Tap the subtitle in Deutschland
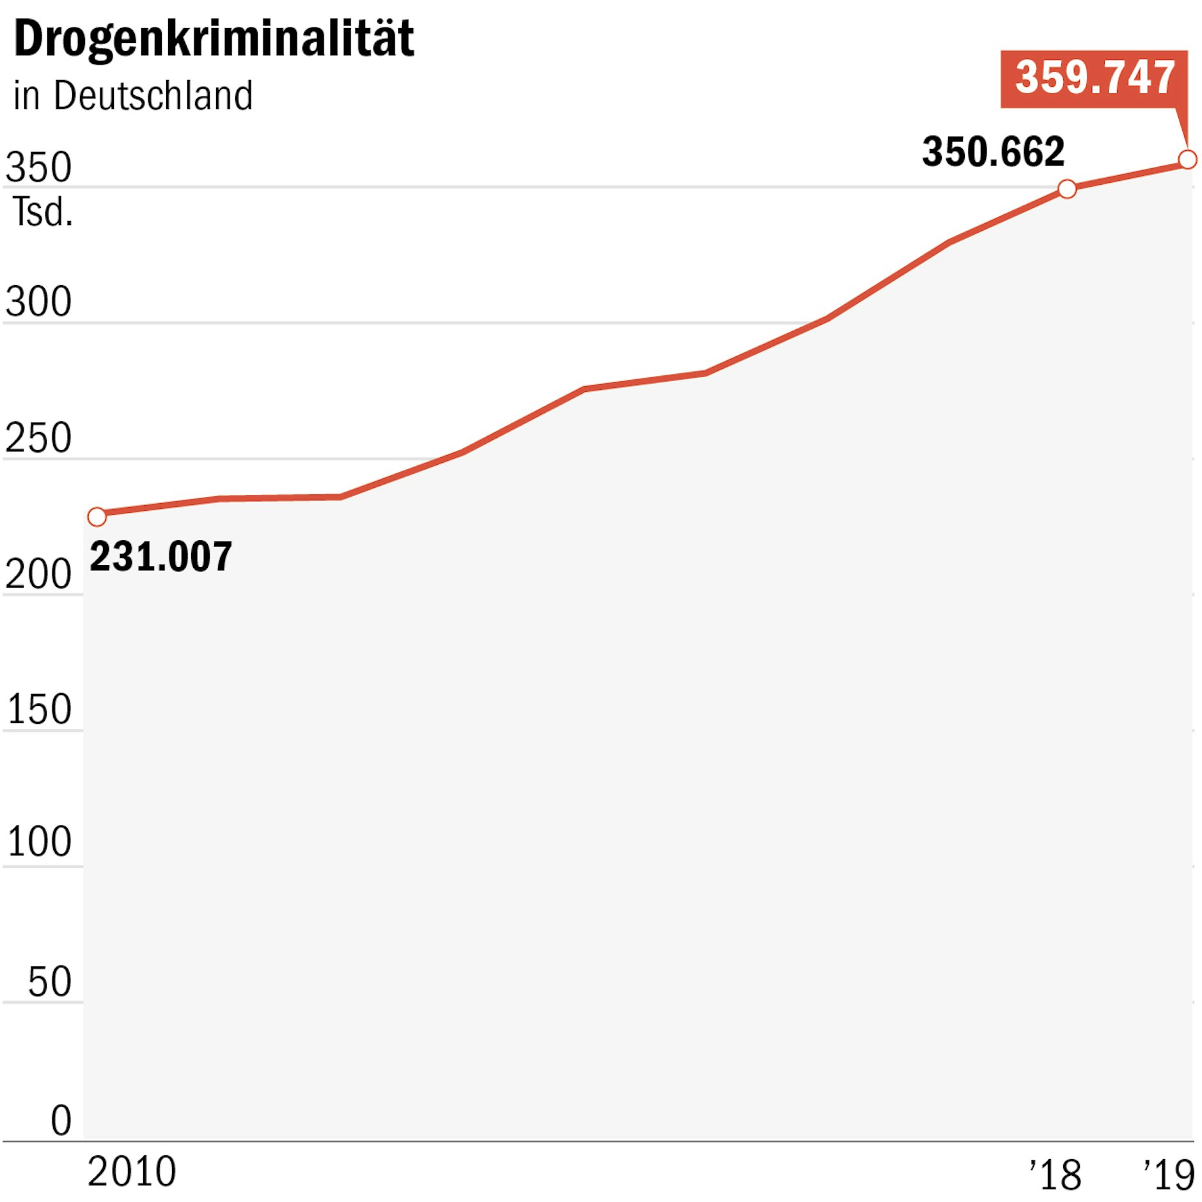point(133,96)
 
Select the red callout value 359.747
point(1094,77)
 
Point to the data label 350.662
point(993,152)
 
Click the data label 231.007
point(160,556)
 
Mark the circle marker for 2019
point(1187,159)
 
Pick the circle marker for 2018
point(1066,189)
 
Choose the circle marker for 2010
point(97,517)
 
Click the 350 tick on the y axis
point(38,168)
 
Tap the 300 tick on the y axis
point(38,302)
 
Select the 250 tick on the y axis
point(38,438)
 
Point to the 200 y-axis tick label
point(38,574)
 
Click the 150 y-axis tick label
point(38,709)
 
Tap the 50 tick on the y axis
point(49,982)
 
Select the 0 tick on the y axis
point(61,1120)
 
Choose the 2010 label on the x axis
point(132,1172)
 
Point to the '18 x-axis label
point(1056,1175)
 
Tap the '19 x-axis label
point(1169,1175)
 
